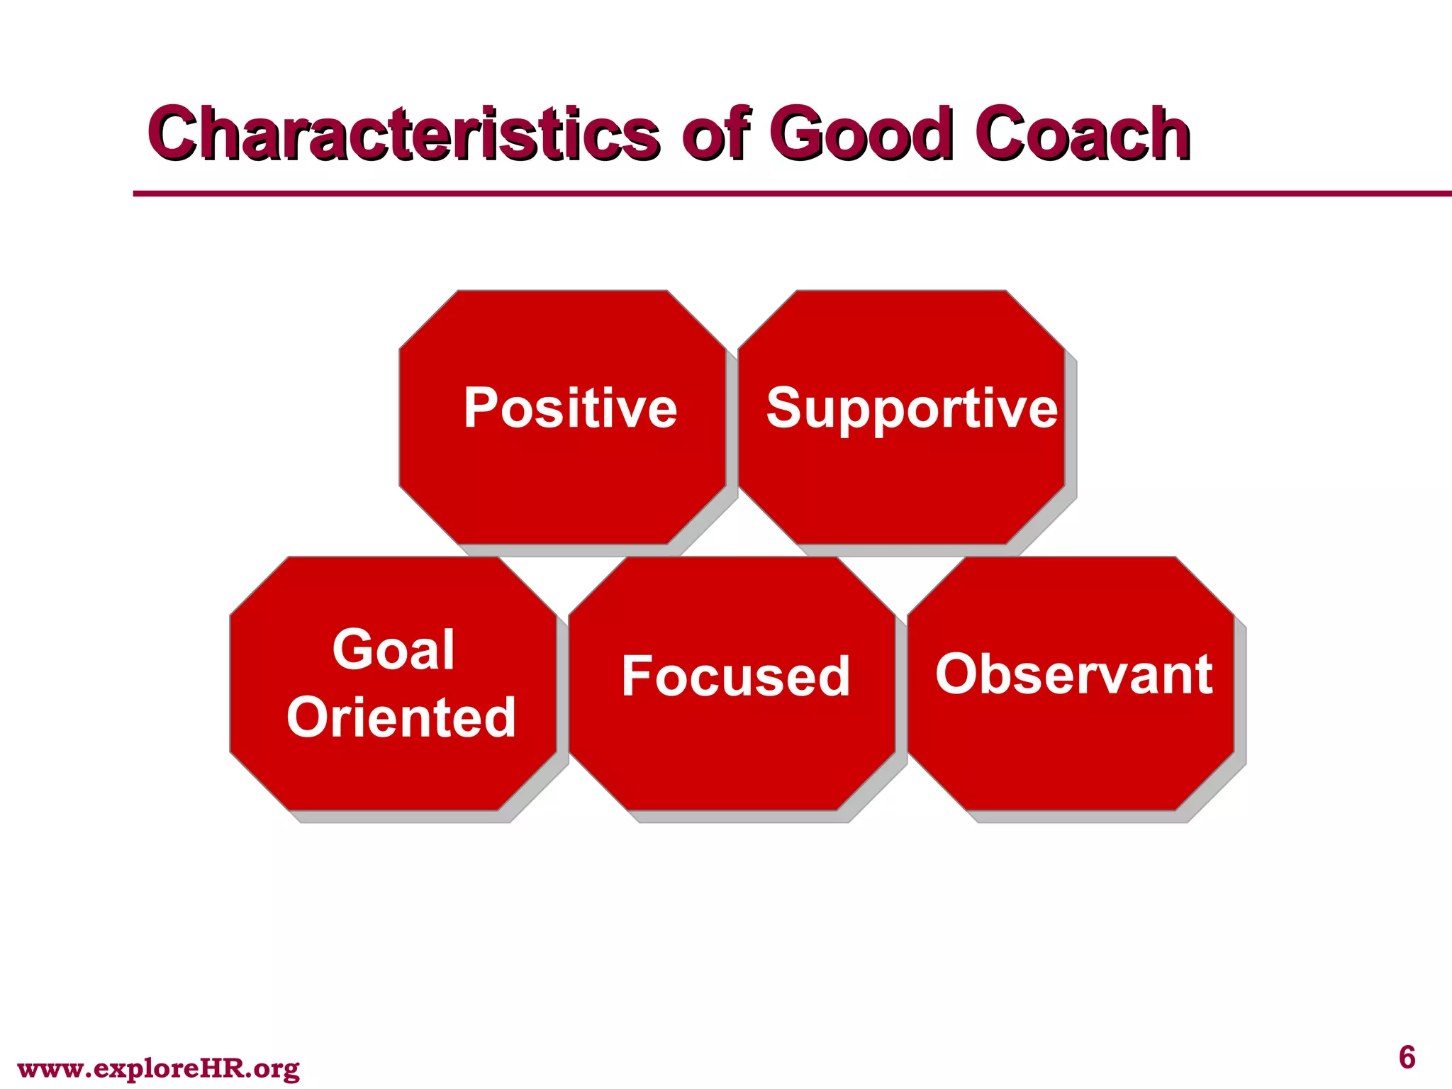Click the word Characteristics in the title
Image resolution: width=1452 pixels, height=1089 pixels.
pos(403,133)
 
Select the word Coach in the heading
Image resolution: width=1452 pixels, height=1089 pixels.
pos(1082,133)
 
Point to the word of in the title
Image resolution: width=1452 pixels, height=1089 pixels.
pos(715,133)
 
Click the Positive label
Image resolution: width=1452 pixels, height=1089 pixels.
pos(570,408)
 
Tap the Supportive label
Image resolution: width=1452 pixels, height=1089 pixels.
pos(912,410)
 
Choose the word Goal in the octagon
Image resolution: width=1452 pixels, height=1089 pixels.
pos(393,649)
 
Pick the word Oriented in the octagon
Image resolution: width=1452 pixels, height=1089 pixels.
pos(401,717)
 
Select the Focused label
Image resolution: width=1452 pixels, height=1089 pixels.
pos(735,676)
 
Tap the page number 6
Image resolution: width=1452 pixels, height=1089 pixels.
pos(1407,1058)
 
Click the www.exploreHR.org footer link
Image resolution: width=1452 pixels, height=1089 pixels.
pos(158,1068)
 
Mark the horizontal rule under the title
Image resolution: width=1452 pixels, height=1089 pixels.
pos(780,193)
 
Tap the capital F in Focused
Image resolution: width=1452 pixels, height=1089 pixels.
pos(636,676)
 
